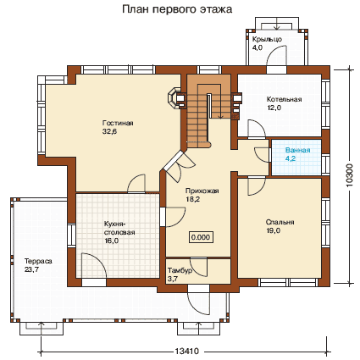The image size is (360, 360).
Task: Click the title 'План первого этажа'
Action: point(177,9)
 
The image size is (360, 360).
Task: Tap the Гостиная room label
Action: point(118,123)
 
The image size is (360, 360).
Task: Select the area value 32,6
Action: point(109,131)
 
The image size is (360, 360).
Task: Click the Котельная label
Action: point(285,99)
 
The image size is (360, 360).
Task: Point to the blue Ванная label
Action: point(297,150)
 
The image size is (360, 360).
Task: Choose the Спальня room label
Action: point(280,222)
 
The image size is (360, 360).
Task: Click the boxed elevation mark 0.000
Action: point(201,237)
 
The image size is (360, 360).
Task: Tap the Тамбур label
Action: point(180,270)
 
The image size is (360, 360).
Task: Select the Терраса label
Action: point(38,261)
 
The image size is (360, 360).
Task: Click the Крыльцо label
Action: point(267,39)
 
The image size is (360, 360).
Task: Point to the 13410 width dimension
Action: point(187,352)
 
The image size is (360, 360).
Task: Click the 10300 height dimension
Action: point(349,175)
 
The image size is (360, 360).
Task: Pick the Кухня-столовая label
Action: point(119,229)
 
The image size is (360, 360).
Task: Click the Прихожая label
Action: point(202,191)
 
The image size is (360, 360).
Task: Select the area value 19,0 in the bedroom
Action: point(273,230)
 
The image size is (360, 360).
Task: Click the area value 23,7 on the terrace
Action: point(31,269)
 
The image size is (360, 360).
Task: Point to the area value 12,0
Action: point(274,108)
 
